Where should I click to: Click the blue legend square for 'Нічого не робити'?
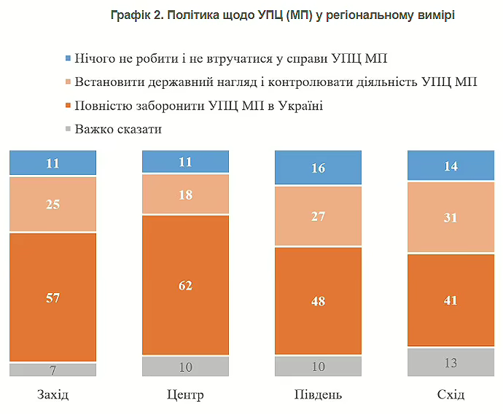point(68,57)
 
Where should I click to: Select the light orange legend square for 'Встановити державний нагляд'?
point(68,82)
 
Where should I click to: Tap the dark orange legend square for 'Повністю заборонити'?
point(68,106)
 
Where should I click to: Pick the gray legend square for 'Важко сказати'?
point(68,130)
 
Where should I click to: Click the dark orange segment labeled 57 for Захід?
point(52,297)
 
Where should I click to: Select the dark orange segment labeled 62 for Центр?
point(185,285)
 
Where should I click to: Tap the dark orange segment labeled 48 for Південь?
point(318,301)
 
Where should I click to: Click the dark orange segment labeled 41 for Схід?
point(451,300)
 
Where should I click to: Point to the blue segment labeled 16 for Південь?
point(318,168)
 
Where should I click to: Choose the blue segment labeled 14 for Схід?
point(451,165)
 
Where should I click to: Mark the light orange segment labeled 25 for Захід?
point(52,204)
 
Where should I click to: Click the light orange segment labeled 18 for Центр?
point(185,195)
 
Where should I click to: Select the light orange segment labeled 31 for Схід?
point(451,216)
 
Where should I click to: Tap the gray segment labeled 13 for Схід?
point(451,362)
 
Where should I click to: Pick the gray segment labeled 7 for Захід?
point(52,370)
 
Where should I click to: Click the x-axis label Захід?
point(52,395)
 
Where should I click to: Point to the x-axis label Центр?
point(185,395)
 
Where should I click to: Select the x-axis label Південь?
point(318,395)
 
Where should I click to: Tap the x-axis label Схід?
point(451,395)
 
